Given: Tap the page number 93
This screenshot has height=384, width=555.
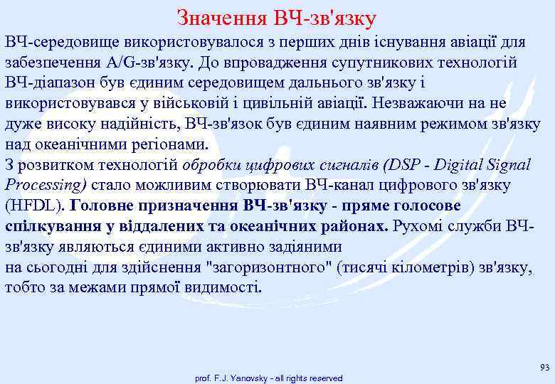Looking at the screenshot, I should point(545,367).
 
